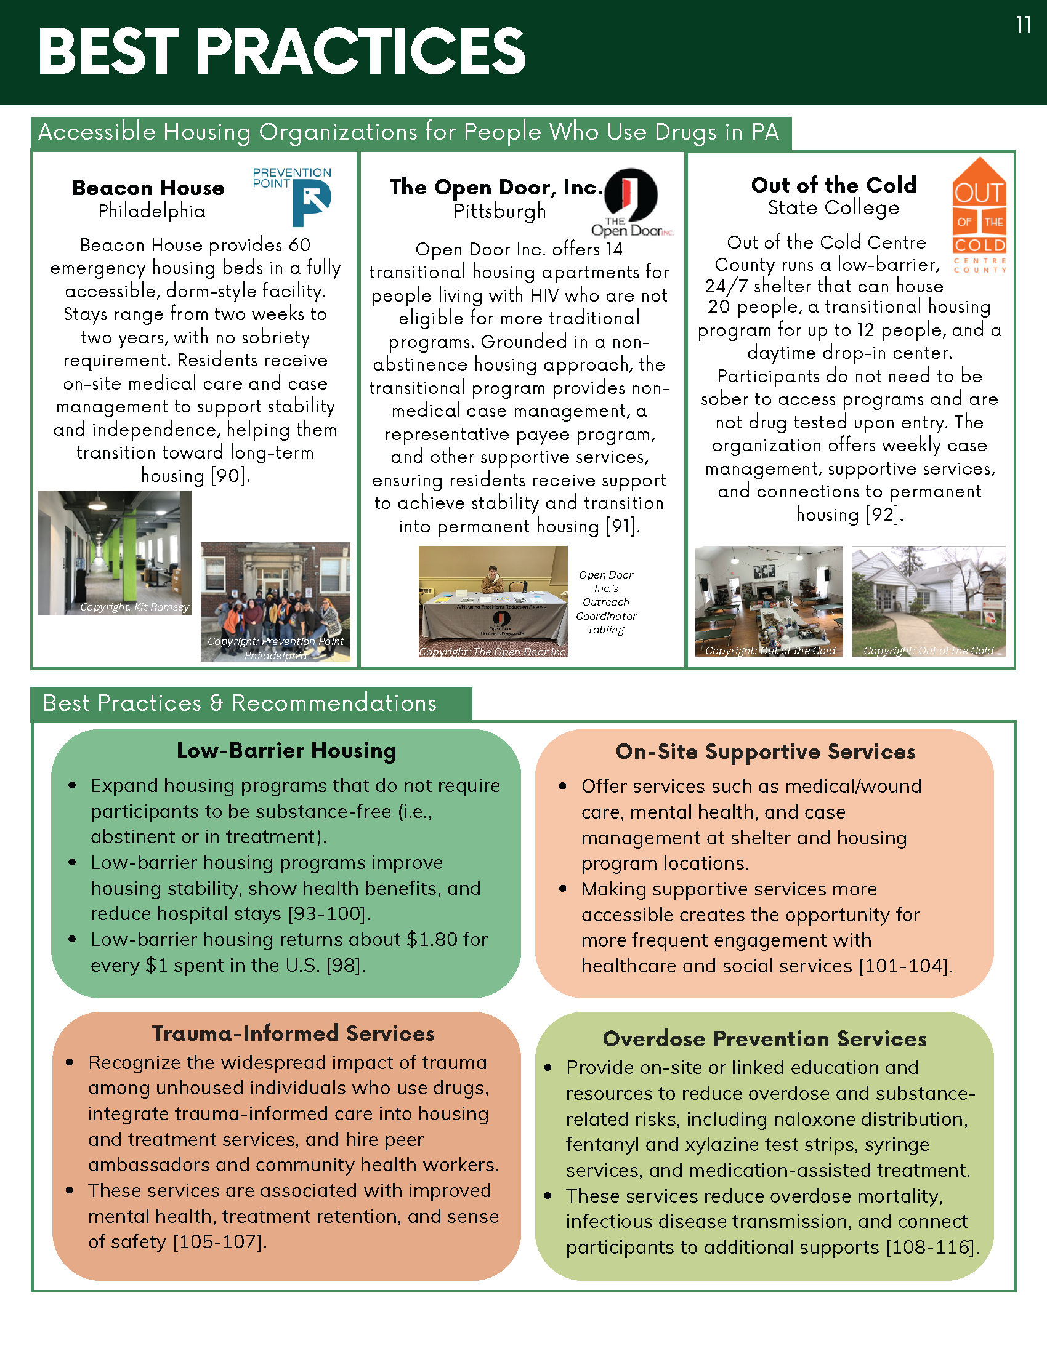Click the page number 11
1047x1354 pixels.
[x=1024, y=25]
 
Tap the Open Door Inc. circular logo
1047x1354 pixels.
[x=631, y=194]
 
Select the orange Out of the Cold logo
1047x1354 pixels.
[x=979, y=214]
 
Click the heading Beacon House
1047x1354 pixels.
[x=148, y=188]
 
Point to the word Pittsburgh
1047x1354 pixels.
[x=500, y=211]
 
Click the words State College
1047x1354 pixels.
[x=834, y=207]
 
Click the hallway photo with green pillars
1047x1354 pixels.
[x=115, y=553]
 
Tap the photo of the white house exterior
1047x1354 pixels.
[x=929, y=601]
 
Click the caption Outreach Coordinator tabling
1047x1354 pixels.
[x=606, y=602]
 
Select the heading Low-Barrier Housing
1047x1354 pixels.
[x=286, y=751]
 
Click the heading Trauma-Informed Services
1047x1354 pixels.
[x=293, y=1033]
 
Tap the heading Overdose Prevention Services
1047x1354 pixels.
[x=765, y=1039]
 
